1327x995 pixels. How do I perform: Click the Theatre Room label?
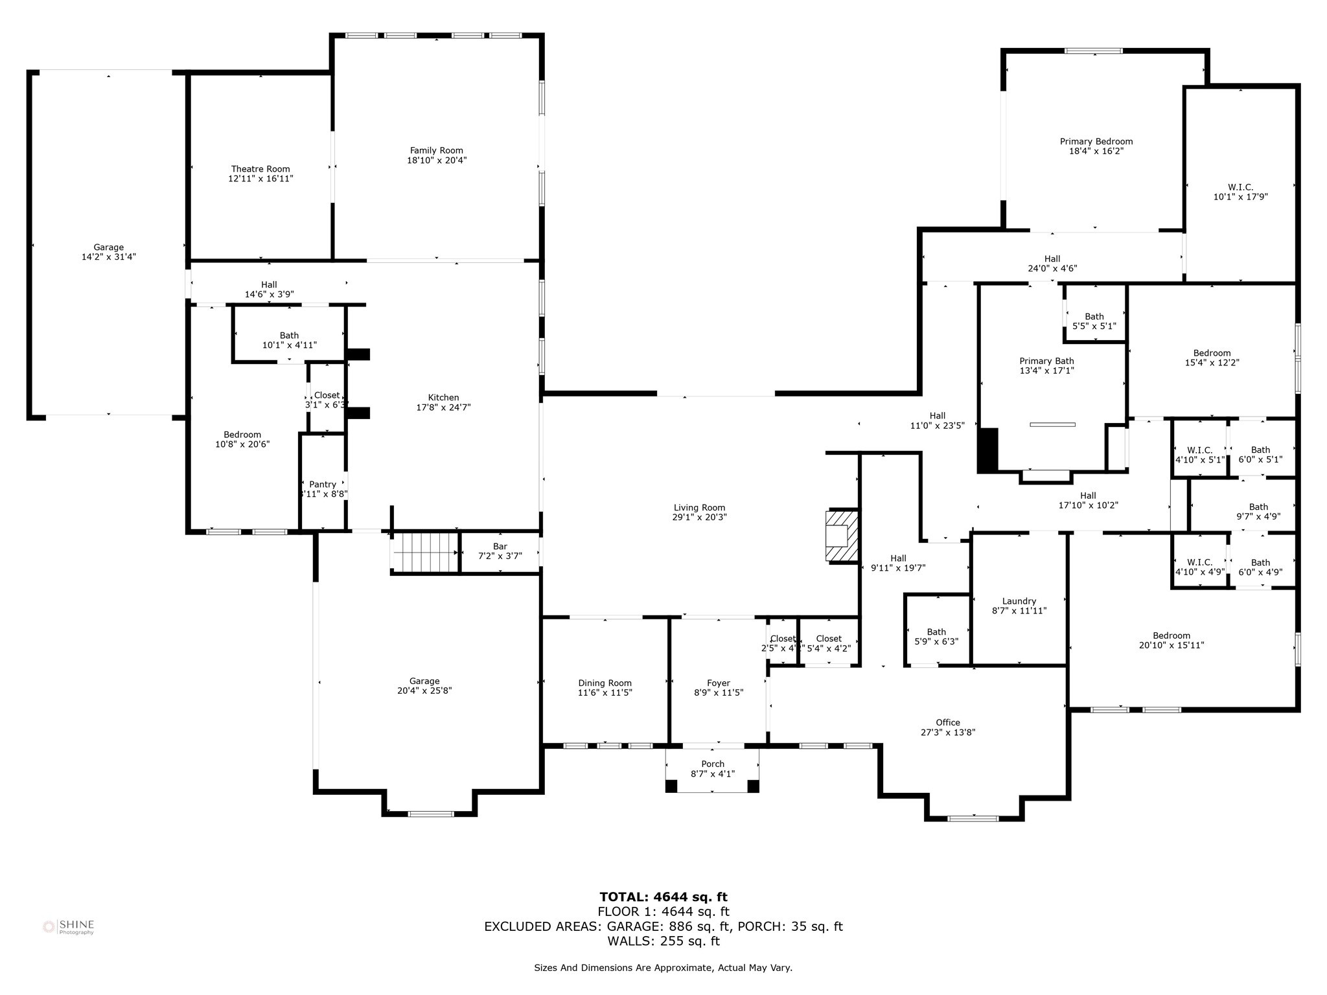coord(260,169)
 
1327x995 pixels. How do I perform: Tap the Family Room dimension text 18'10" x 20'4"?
coord(437,160)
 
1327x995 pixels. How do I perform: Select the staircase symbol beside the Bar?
coord(424,552)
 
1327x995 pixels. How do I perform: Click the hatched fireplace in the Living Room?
coord(842,535)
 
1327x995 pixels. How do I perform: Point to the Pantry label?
coord(323,484)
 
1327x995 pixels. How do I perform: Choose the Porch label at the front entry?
coord(712,764)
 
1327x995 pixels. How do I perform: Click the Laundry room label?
coord(1019,601)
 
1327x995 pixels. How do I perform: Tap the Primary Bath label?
coord(1046,361)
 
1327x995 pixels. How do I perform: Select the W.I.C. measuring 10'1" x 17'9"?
coord(1240,192)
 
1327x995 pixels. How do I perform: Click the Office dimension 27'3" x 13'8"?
coord(947,732)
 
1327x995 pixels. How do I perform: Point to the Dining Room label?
coord(605,683)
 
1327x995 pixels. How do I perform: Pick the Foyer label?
coord(718,683)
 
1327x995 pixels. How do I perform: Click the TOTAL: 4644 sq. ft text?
coord(663,897)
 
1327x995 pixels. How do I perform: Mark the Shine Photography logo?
coord(68,927)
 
